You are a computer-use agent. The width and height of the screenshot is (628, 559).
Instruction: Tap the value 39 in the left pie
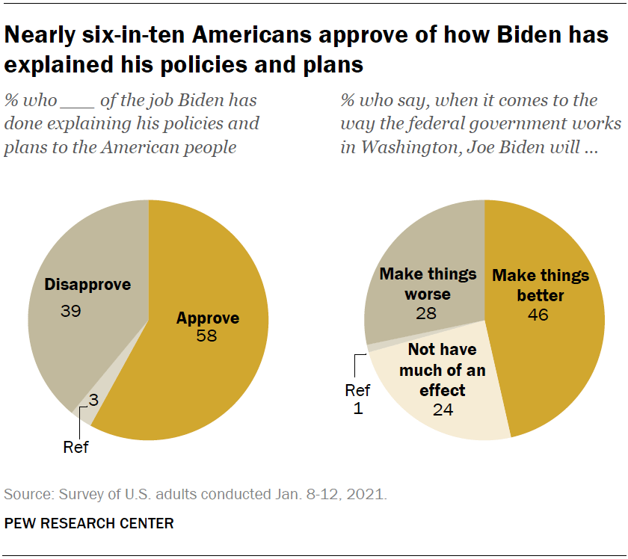click(72, 310)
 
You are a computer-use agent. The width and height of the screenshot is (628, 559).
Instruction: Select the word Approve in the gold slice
click(207, 318)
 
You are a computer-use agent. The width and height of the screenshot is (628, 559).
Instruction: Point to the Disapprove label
click(87, 285)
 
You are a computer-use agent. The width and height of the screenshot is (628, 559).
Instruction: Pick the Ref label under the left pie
click(76, 448)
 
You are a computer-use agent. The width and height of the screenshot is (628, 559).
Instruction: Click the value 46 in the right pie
click(538, 315)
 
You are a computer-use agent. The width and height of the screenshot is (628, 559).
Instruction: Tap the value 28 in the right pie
click(427, 313)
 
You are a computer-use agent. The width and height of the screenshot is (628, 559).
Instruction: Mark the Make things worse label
click(428, 283)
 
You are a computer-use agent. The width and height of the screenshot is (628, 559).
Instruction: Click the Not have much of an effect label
click(446, 370)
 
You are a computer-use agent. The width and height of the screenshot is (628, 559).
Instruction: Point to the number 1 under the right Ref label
click(357, 409)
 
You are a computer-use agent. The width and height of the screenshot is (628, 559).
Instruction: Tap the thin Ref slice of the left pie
click(84, 413)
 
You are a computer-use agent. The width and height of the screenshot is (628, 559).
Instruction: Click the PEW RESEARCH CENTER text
click(89, 523)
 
